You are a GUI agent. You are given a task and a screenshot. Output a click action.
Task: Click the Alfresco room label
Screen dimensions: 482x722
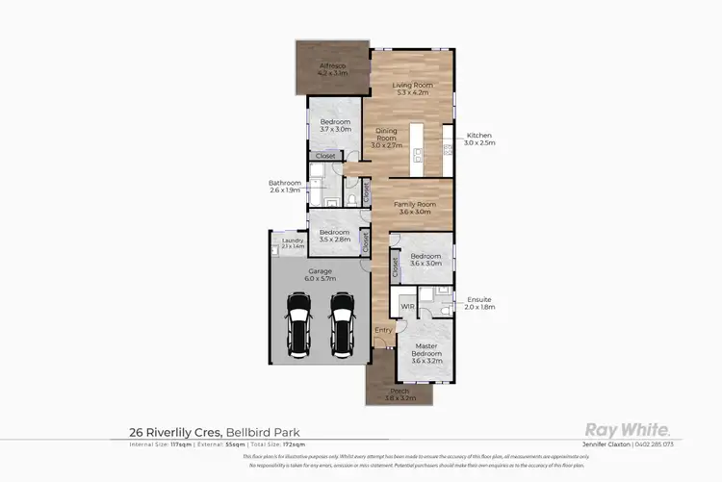click(331, 68)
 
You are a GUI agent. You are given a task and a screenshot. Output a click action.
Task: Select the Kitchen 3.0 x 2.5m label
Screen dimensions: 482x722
click(479, 139)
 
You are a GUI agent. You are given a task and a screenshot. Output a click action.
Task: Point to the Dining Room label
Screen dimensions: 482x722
click(386, 141)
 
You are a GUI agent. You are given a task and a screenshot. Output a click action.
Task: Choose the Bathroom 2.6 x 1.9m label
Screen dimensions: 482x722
click(285, 186)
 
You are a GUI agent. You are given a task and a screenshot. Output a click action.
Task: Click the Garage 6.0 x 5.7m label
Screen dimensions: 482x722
click(321, 274)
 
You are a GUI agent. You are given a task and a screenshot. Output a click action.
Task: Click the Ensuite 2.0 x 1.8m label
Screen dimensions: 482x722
click(479, 303)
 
